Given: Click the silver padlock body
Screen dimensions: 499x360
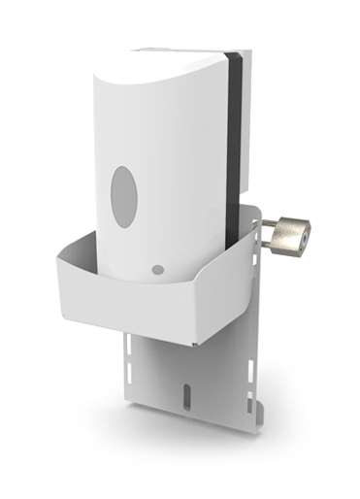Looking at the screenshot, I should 289,237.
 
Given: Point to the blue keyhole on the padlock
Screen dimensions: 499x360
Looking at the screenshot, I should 304,234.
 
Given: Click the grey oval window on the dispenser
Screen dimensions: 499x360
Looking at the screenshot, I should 124,196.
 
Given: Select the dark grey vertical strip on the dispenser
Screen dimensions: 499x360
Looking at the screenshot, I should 232,146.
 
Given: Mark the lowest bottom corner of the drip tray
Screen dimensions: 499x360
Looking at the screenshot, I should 194,343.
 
